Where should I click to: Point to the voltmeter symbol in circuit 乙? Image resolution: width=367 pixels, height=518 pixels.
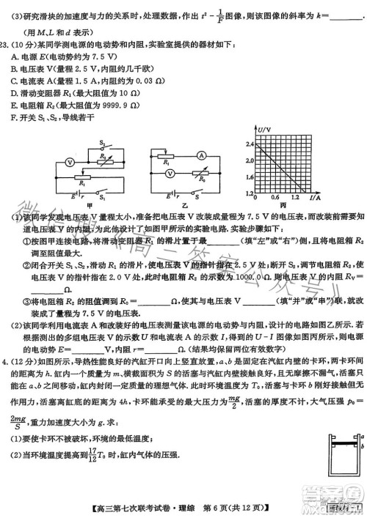click(x=170, y=173)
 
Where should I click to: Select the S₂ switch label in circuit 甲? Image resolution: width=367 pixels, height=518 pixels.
click(x=103, y=143)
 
